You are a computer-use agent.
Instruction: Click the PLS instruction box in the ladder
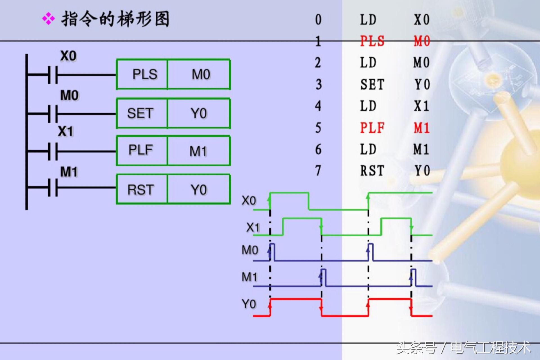coord(142,75)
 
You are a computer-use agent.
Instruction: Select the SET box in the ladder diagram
coord(142,113)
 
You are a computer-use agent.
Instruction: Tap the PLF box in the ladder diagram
coord(142,150)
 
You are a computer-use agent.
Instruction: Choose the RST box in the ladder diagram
coord(142,189)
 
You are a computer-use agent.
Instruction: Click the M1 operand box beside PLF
coord(199,151)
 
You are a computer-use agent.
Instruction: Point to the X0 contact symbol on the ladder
coord(53,75)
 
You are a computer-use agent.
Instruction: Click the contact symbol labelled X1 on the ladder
coord(53,151)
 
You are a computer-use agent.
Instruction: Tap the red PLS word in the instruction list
coord(372,41)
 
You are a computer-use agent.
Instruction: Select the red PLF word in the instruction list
coord(372,128)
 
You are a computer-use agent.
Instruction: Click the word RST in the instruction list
coord(372,171)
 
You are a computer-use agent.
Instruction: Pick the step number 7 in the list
coord(318,171)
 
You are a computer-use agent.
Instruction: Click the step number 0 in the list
coord(318,20)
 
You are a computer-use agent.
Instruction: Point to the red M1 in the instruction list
coord(421,128)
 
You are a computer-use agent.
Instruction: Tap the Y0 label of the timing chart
coord(249,304)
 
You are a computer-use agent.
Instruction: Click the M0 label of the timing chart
coord(250,250)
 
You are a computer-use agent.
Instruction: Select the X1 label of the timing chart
coord(253,227)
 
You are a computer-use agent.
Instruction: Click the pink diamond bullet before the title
coord(48,19)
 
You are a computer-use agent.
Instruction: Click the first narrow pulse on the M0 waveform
coord(272,252)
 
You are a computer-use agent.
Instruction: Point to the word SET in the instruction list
coord(372,84)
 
